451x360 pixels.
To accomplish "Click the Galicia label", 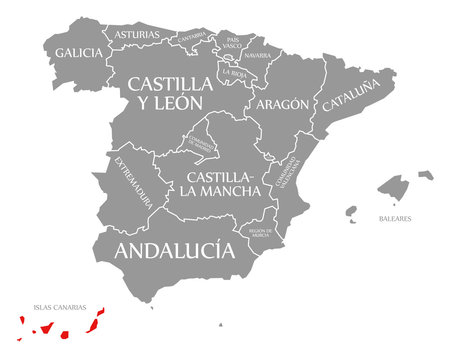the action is tap(77, 52).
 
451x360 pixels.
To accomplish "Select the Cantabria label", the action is tap(191, 38).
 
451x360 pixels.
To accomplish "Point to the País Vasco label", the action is tap(232, 41).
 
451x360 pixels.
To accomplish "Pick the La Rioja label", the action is tap(237, 73).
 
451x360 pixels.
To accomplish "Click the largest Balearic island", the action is tap(395, 187).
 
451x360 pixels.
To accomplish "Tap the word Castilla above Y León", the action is tap(170, 82).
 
